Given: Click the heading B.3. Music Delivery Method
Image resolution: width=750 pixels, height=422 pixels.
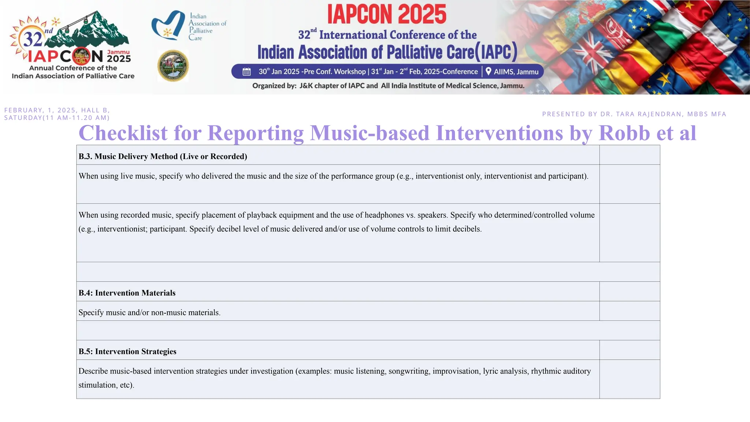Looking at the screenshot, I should click(x=163, y=156).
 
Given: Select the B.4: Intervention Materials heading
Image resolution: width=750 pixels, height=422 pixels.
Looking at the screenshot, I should click(x=127, y=293).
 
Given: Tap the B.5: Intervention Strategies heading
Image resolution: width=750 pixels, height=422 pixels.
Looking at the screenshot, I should click(x=127, y=351).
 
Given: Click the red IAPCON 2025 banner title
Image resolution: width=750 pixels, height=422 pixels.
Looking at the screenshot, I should click(x=387, y=15).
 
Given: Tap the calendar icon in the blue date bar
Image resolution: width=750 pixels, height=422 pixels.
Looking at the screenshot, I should click(x=246, y=71).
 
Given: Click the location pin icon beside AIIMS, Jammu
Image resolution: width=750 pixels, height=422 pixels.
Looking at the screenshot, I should click(x=488, y=71).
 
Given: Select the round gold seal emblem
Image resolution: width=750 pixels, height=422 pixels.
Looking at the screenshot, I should click(x=173, y=66).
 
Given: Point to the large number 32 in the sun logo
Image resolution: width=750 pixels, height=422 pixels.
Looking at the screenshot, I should click(x=33, y=38).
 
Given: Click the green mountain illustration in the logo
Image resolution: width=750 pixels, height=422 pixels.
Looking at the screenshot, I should click(x=99, y=29).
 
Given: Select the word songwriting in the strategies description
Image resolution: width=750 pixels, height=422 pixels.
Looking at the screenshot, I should click(x=409, y=371).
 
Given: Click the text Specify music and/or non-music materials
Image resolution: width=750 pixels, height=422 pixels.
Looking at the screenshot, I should click(x=149, y=312).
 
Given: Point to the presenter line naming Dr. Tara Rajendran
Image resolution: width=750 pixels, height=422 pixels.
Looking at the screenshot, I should click(x=634, y=114).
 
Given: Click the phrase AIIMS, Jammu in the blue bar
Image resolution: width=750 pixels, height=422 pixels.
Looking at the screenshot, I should click(x=516, y=72).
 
